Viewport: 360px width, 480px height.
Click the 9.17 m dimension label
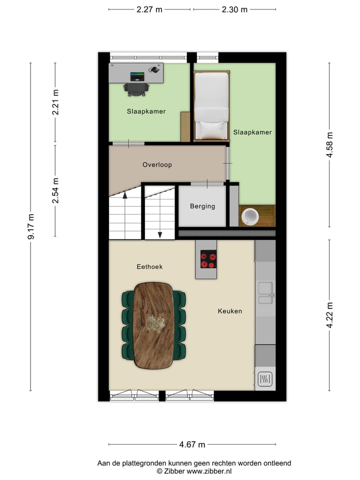click(x=31, y=226)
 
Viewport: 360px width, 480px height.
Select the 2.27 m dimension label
click(x=149, y=9)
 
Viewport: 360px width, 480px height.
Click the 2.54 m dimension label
click(x=55, y=190)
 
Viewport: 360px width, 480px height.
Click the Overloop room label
click(x=157, y=164)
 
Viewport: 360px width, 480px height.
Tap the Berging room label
click(x=202, y=206)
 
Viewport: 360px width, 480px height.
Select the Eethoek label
click(x=149, y=266)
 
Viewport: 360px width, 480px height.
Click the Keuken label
click(x=229, y=311)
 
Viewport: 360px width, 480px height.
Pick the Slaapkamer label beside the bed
click(x=252, y=132)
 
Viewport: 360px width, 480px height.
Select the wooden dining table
click(x=153, y=325)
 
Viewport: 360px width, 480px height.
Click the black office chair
click(x=136, y=88)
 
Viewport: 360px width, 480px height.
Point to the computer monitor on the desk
click(x=137, y=76)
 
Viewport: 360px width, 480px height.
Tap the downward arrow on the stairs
click(x=159, y=234)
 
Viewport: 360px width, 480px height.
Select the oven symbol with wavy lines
click(x=264, y=379)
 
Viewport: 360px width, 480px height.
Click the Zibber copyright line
click(x=194, y=471)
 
